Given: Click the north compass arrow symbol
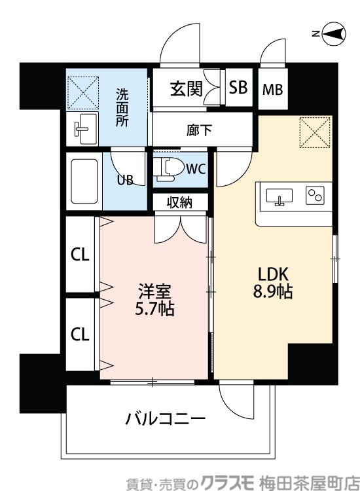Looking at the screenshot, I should [334, 34].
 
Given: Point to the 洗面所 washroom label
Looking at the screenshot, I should [122, 107].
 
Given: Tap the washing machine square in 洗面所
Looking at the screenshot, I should [83, 92].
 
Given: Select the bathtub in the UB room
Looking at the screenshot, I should [84, 183].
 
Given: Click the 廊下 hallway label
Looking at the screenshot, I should [200, 130].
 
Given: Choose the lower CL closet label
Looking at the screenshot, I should [80, 335].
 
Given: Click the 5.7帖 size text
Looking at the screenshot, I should [155, 309].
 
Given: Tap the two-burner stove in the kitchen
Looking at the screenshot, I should [315, 195].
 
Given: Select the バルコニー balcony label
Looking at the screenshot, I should [166, 419].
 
